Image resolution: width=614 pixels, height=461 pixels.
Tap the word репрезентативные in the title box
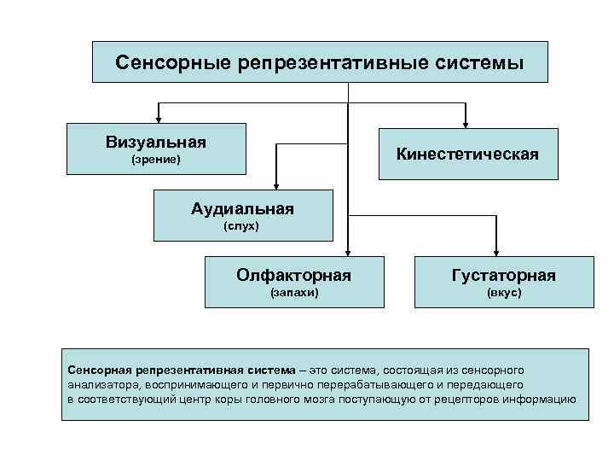pyautogui.click(x=322, y=63)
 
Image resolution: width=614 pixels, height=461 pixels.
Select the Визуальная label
pyautogui.click(x=156, y=141)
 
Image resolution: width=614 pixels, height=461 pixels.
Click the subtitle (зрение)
pyautogui.click(x=155, y=160)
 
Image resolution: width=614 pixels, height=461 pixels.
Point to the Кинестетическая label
pyautogui.click(x=466, y=154)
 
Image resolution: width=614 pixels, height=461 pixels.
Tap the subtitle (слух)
pyautogui.click(x=241, y=226)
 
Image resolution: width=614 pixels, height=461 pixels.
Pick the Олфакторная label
pyautogui.click(x=294, y=275)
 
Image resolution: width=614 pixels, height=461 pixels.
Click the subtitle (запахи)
pyautogui.click(x=294, y=293)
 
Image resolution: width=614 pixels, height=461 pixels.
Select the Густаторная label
pyautogui.click(x=504, y=275)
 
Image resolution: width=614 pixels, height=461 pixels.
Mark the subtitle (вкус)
pyautogui.click(x=504, y=293)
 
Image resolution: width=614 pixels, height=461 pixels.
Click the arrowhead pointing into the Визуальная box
pyautogui.click(x=158, y=118)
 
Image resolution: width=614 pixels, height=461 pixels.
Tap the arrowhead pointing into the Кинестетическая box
pyautogui.click(x=465, y=122)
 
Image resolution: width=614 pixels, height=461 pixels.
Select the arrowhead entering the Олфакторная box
pyautogui.click(x=347, y=251)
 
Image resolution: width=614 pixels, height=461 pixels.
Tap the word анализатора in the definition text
pyautogui.click(x=97, y=385)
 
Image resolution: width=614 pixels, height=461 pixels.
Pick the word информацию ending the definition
pyautogui.click(x=543, y=400)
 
